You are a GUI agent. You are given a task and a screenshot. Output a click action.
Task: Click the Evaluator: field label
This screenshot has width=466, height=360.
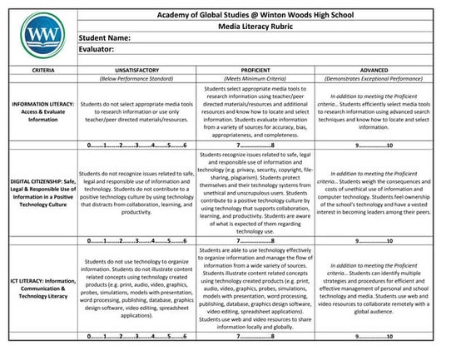point(99,51)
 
